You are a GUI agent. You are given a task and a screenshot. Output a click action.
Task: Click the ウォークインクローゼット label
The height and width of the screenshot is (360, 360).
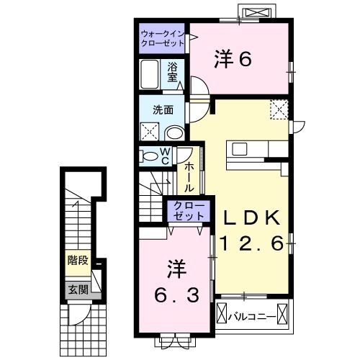point(163,38)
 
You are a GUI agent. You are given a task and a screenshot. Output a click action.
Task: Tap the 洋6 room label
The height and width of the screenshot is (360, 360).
point(233,59)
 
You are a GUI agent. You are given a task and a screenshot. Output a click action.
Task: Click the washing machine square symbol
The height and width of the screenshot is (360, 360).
point(150,131)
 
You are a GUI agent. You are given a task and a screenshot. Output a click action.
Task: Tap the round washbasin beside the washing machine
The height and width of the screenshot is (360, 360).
point(174,132)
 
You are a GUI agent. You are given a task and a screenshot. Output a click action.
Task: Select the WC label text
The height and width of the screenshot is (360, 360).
point(165,156)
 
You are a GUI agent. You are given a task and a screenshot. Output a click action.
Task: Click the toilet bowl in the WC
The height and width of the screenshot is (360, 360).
point(150,156)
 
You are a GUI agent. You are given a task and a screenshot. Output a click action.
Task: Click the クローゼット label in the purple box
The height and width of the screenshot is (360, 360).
point(189,210)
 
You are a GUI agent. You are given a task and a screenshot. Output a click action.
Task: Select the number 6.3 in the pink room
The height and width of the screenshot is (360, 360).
point(174,294)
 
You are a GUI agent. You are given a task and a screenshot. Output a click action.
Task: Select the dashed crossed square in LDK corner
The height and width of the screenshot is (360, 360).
point(279,109)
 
